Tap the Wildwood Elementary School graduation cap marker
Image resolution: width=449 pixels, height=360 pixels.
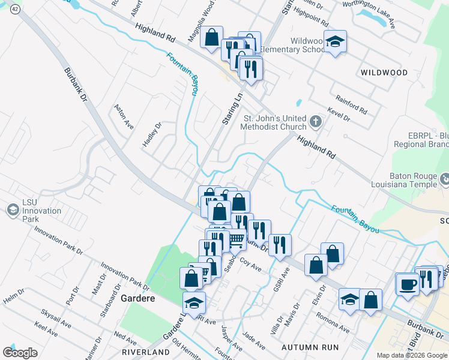pos(336,42)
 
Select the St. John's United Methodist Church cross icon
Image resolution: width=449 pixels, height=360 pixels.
pos(316,123)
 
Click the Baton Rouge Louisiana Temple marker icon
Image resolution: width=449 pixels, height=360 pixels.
pos(445,179)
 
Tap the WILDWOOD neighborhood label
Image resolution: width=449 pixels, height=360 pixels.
pos(384,73)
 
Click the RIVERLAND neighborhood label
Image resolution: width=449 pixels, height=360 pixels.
pos(146,352)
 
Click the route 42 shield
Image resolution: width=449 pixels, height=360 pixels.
pos(15,10)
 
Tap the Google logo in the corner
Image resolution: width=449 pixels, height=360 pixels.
pos(20,353)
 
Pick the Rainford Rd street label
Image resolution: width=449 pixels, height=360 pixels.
pos(352,105)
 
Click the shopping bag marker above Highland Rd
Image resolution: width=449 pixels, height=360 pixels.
pos(211,37)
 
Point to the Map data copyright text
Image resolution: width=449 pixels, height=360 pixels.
pos(412,355)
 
